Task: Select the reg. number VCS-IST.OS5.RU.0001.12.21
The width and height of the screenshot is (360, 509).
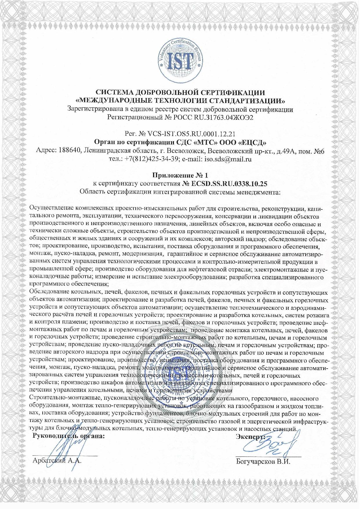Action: [191, 134]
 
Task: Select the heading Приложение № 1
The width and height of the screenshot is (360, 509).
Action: [180, 175]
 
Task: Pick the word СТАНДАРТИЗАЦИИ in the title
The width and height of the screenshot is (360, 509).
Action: [248, 101]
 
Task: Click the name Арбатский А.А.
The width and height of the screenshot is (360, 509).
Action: [57, 461]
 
